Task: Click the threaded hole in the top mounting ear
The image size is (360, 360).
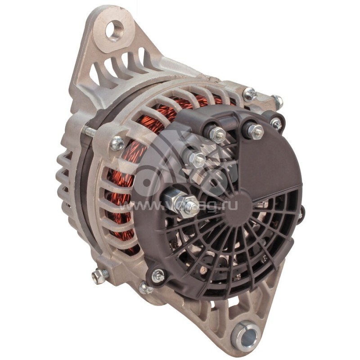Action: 114,31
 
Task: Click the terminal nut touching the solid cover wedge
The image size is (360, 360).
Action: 255,131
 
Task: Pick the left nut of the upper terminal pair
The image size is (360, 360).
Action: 218,134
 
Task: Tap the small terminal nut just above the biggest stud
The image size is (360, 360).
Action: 196,158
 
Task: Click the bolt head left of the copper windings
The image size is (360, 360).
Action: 117,143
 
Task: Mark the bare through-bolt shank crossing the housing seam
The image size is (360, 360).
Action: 89,131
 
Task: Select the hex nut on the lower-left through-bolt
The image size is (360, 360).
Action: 100,275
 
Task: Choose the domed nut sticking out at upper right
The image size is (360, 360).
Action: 277,101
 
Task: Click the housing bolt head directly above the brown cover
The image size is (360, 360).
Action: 250,94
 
